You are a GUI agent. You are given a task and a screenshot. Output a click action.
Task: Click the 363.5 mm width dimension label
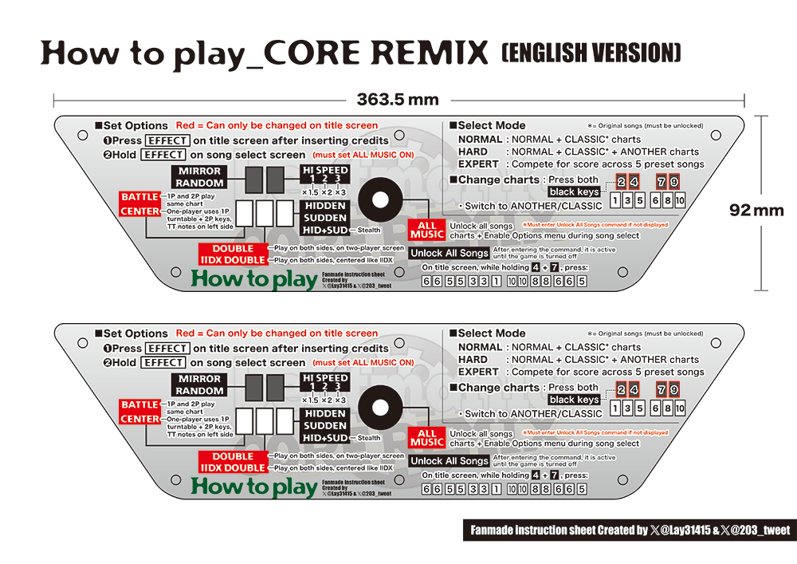coord(398,100)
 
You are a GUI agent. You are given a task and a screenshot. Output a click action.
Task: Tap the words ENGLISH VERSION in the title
coord(591,53)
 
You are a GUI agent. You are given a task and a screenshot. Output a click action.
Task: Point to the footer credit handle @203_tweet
coord(756,530)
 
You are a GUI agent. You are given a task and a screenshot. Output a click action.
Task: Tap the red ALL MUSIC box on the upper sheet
coord(427,230)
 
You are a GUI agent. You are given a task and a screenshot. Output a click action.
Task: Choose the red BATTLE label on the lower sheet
coord(139,405)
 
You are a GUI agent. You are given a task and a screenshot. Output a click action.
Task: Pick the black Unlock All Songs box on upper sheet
coord(450,253)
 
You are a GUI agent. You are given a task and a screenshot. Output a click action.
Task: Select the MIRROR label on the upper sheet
coord(199,171)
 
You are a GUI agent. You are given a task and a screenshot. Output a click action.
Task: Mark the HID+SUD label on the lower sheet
coord(324,438)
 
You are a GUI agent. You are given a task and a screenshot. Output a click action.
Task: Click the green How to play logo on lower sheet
coord(254,487)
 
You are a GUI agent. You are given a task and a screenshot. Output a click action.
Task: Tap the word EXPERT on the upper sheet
coord(478,164)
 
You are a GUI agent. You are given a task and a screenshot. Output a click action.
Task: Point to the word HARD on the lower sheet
coord(473,360)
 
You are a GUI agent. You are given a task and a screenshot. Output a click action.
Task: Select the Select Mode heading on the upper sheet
coord(492,125)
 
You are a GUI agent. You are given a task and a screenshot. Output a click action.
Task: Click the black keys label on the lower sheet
coord(574,400)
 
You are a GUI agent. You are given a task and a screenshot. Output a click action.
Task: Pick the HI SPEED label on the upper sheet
coord(324,171)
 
